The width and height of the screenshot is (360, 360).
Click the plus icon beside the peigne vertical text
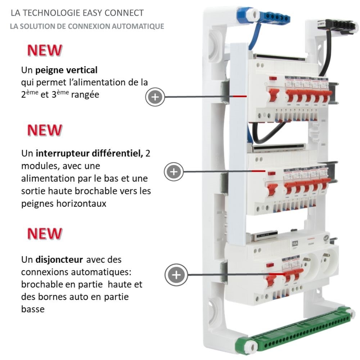[x=155, y=96]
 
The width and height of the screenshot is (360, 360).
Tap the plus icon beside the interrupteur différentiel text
[x=174, y=171]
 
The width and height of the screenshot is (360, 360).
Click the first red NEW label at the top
[x=45, y=50]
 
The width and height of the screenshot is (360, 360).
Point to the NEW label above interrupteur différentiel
[x=45, y=130]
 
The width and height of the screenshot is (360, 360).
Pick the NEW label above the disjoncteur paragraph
[x=45, y=234]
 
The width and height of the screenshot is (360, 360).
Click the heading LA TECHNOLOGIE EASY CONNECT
[x=77, y=13]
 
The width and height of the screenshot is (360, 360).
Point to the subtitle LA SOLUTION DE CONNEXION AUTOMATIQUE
[x=87, y=26]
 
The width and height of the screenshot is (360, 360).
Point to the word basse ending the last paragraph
[x=33, y=309]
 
